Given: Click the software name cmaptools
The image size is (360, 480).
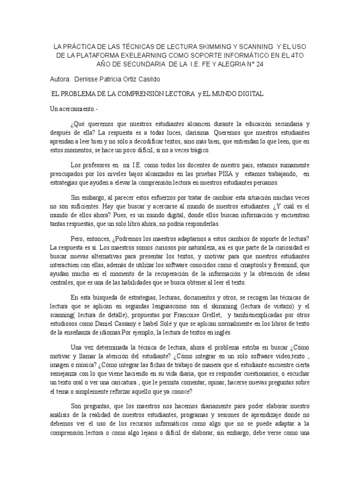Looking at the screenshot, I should [240, 266].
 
